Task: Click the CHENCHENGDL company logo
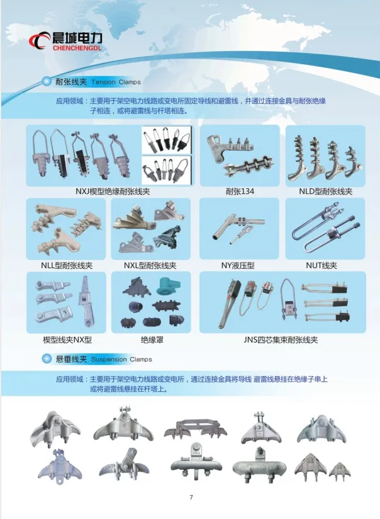(x=69, y=38)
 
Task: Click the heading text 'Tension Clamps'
(x=116, y=83)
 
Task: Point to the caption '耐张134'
(x=239, y=191)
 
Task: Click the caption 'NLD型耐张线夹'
(x=325, y=191)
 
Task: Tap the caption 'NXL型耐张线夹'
(x=150, y=265)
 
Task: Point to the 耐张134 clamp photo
(x=239, y=154)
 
